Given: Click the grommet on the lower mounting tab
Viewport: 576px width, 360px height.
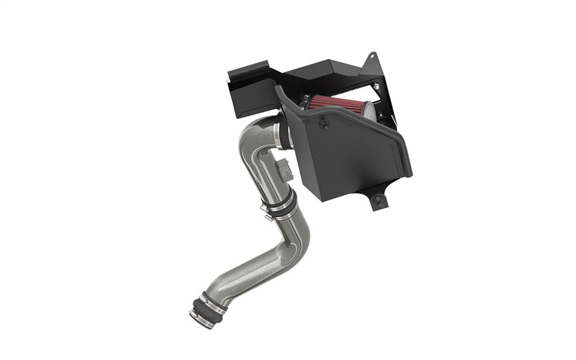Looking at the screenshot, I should pos(378,200).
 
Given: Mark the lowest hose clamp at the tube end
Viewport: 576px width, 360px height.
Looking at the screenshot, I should pos(200,318).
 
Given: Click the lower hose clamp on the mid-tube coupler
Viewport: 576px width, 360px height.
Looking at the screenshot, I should pos(283,216).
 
